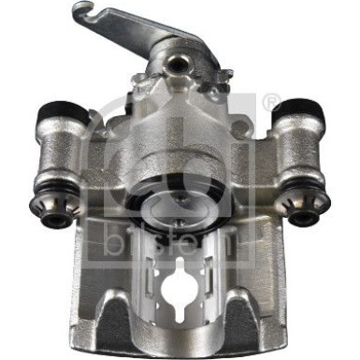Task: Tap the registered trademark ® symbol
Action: [x=272, y=100]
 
